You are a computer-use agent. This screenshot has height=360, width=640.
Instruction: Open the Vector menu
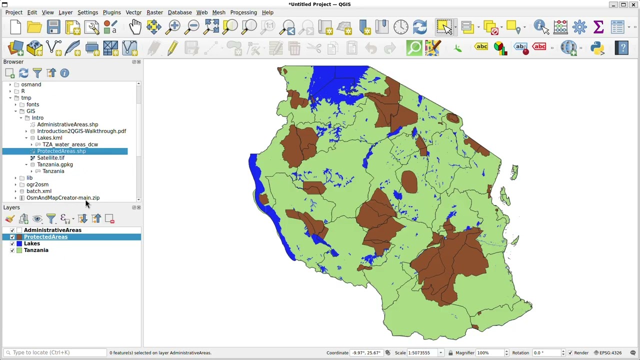coord(133,12)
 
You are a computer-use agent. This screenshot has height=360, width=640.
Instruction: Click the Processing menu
coord(243,12)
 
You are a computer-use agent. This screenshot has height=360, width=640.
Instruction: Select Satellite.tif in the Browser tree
coord(50,158)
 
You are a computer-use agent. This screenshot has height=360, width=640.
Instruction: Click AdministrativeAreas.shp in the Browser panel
coord(67,124)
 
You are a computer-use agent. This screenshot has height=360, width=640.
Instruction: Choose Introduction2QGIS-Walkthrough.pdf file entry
coord(81,131)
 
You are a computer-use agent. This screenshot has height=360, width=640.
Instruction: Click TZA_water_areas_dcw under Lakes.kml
coord(70,144)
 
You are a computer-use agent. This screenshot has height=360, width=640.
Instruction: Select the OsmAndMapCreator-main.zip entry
coord(63,198)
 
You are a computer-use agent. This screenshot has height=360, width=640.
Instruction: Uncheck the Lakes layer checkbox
coord(12,243)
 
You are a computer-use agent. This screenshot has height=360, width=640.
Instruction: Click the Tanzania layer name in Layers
coord(36,250)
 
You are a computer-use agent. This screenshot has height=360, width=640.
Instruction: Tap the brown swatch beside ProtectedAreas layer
coord(19,237)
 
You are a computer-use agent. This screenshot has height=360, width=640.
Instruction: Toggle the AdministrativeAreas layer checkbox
coord(12,230)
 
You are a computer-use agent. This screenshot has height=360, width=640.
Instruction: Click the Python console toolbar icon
coord(597,48)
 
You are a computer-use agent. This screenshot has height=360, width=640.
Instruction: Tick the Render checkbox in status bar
coord(570,353)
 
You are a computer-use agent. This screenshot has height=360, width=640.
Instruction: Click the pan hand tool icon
coord(135,27)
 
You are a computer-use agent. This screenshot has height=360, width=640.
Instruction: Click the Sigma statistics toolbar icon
coord(598,27)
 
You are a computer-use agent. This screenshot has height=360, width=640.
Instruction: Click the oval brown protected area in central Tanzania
coord(409,181)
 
